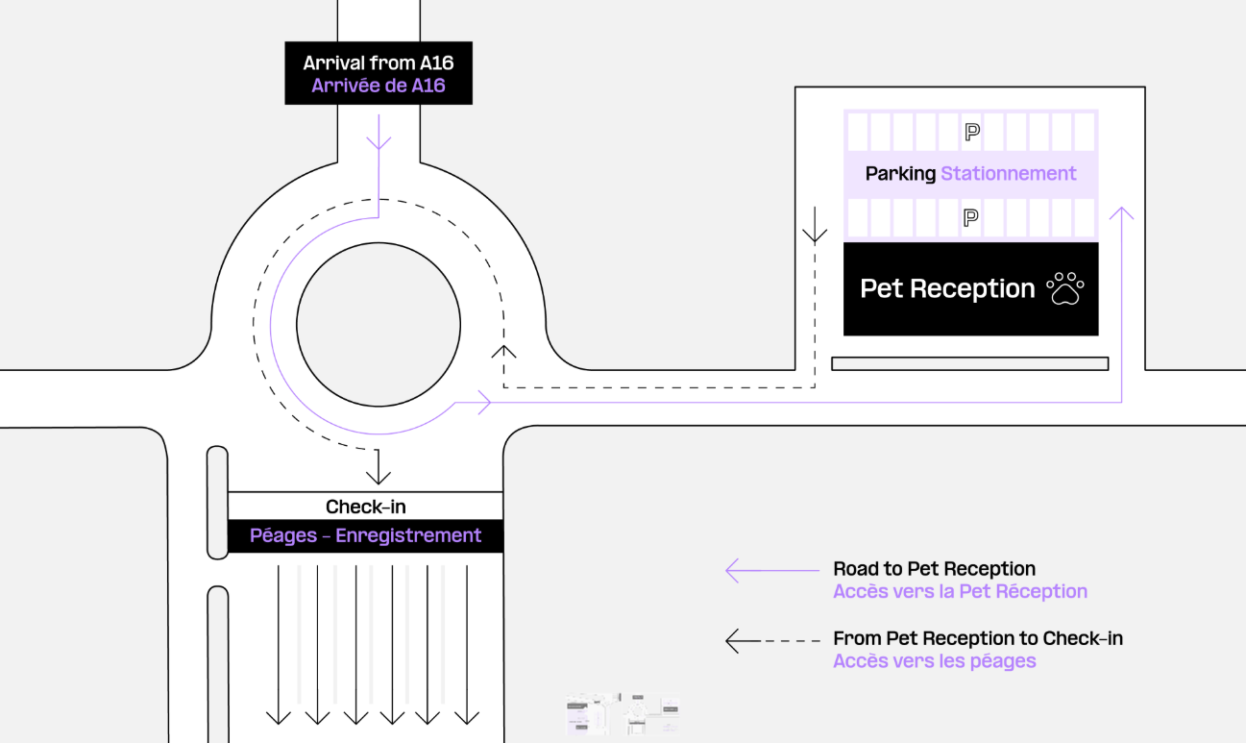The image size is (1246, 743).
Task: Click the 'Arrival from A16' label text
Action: (x=378, y=63)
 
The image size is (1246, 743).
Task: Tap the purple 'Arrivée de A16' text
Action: (x=378, y=86)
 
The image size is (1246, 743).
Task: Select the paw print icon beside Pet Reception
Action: (x=1064, y=288)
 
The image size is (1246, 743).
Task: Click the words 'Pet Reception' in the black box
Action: (x=946, y=288)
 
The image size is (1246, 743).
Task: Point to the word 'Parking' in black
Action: (x=900, y=174)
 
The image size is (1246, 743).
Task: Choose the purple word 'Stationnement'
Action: (x=1008, y=174)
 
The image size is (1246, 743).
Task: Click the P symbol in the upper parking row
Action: (x=971, y=132)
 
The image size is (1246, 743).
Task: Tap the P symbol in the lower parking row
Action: (x=971, y=219)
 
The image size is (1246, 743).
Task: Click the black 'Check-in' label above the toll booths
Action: (x=365, y=507)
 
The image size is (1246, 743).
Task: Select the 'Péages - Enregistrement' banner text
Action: (x=365, y=535)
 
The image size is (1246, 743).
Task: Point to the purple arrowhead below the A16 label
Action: (x=379, y=143)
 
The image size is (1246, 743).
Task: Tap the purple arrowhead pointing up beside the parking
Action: (x=1120, y=212)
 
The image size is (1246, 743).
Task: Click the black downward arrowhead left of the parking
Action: (x=815, y=235)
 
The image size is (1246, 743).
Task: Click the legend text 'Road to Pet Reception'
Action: (x=934, y=569)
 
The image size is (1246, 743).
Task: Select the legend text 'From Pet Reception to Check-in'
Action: (x=977, y=638)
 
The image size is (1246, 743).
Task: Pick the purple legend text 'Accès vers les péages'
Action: (x=934, y=661)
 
